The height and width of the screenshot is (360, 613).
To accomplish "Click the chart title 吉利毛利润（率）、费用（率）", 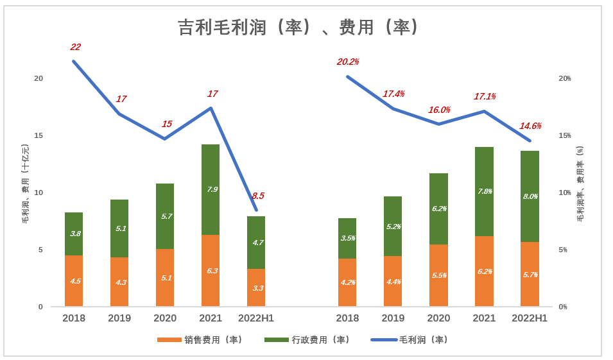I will [299, 28].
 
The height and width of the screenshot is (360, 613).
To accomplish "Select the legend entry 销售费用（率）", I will [200, 339].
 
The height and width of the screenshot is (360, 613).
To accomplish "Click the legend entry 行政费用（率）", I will [307, 339].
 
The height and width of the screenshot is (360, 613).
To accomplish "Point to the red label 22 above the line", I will [75, 47].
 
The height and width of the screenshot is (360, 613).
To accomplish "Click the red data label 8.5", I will [257, 196].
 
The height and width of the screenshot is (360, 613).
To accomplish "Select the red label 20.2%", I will [347, 62].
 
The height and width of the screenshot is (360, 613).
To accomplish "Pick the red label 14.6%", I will [530, 126].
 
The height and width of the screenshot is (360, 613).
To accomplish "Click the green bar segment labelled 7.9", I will [211, 189].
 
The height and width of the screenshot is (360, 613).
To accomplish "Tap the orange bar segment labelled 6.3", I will [211, 271].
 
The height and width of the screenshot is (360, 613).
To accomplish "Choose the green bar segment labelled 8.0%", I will [530, 196].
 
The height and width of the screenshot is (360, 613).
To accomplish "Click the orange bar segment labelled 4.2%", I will [347, 282].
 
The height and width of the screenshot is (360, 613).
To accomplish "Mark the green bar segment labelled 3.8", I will [74, 234].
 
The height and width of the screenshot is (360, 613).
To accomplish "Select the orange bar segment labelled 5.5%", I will [438, 275].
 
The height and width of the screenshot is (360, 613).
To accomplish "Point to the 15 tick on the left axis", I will [39, 135].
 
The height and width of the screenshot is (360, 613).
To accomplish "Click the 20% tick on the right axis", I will [564, 78].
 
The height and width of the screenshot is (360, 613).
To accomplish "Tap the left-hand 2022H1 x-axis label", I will [256, 318].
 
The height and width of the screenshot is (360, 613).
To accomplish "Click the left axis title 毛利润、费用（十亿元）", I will [26, 184].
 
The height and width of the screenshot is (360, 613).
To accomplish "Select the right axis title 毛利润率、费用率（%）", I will [580, 184].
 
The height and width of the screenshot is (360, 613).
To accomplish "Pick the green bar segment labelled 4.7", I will [256, 243].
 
